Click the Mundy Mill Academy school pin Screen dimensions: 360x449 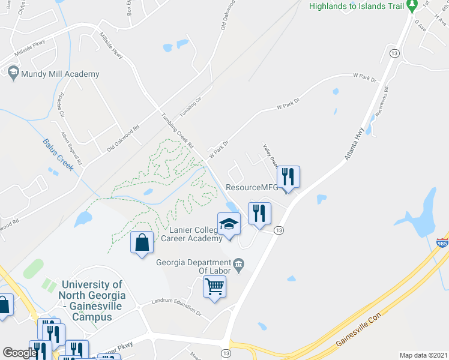click(13, 73)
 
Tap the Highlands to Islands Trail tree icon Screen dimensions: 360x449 click(411, 6)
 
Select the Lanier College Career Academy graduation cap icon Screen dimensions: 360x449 click(229, 224)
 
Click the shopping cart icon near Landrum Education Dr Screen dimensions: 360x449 click(214, 286)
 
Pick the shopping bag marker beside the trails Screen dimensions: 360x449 click(142, 242)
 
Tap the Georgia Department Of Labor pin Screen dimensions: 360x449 click(238, 263)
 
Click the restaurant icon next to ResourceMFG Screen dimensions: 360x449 click(288, 176)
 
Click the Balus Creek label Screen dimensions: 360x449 click(58, 154)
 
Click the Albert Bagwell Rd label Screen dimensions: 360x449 click(71, 146)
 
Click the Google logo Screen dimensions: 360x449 click(19, 353)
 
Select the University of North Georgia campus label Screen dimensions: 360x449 click(92, 301)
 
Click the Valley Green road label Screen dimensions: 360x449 click(269, 155)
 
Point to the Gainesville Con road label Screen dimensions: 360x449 click(358, 331)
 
